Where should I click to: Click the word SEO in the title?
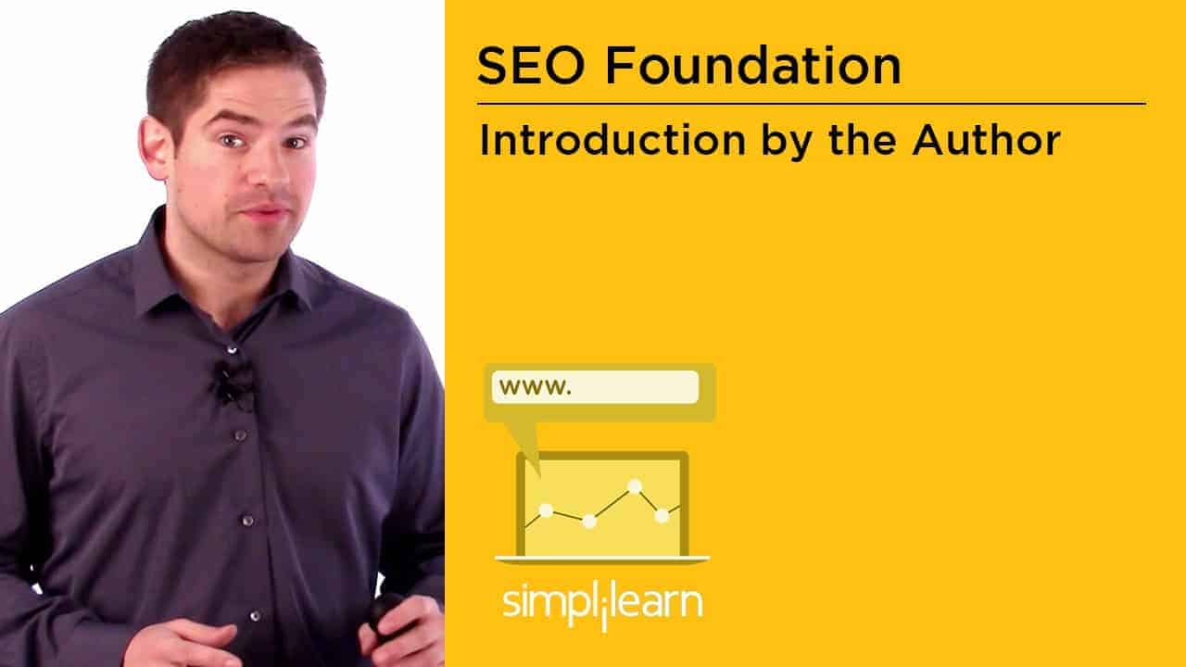[x=531, y=65]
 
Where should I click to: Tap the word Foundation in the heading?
[x=753, y=65]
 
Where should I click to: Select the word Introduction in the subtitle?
[x=612, y=140]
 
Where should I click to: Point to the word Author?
[x=986, y=140]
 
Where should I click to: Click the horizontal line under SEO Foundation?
[x=811, y=104]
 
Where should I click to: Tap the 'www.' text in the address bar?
[x=536, y=387]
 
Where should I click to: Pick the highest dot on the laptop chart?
[x=635, y=486]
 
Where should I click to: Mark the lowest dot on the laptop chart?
[x=589, y=522]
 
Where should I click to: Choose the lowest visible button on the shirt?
[x=255, y=616]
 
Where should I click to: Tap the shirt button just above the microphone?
[x=232, y=349]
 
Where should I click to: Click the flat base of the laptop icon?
[x=602, y=560]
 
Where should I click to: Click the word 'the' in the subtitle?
[x=863, y=140]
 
